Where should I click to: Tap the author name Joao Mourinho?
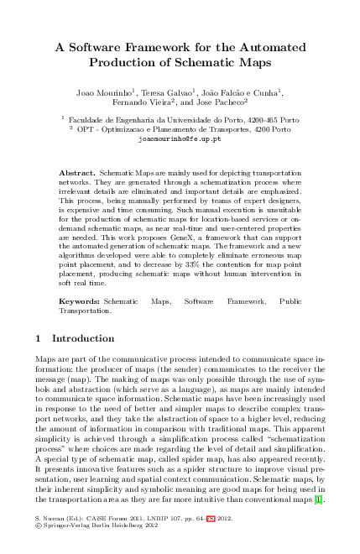coord(103,90)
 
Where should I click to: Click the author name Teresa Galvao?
coord(167,90)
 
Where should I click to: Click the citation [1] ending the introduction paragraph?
coord(318,501)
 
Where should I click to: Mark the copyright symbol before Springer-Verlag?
coord(38,528)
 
